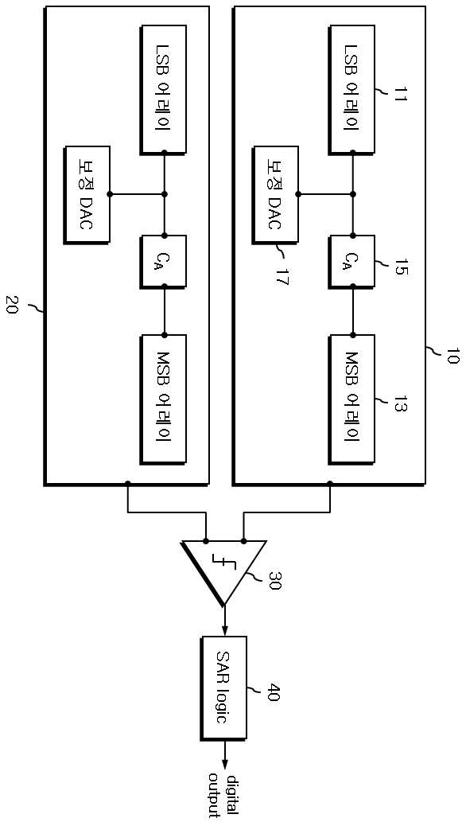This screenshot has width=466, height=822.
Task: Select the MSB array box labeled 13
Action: pyautogui.click(x=352, y=398)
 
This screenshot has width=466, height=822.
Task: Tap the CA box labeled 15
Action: pyautogui.click(x=352, y=260)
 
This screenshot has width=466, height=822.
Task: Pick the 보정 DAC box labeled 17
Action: pyautogui.click(x=276, y=195)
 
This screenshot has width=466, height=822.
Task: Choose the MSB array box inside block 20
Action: pyautogui.click(x=163, y=398)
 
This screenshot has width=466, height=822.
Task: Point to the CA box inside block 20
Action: pyautogui.click(x=163, y=260)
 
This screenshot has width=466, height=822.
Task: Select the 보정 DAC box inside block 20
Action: pyautogui.click(x=87, y=195)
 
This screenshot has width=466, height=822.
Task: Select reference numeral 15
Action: pyautogui.click(x=394, y=267)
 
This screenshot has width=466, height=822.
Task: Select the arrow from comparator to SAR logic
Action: pyautogui.click(x=225, y=620)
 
